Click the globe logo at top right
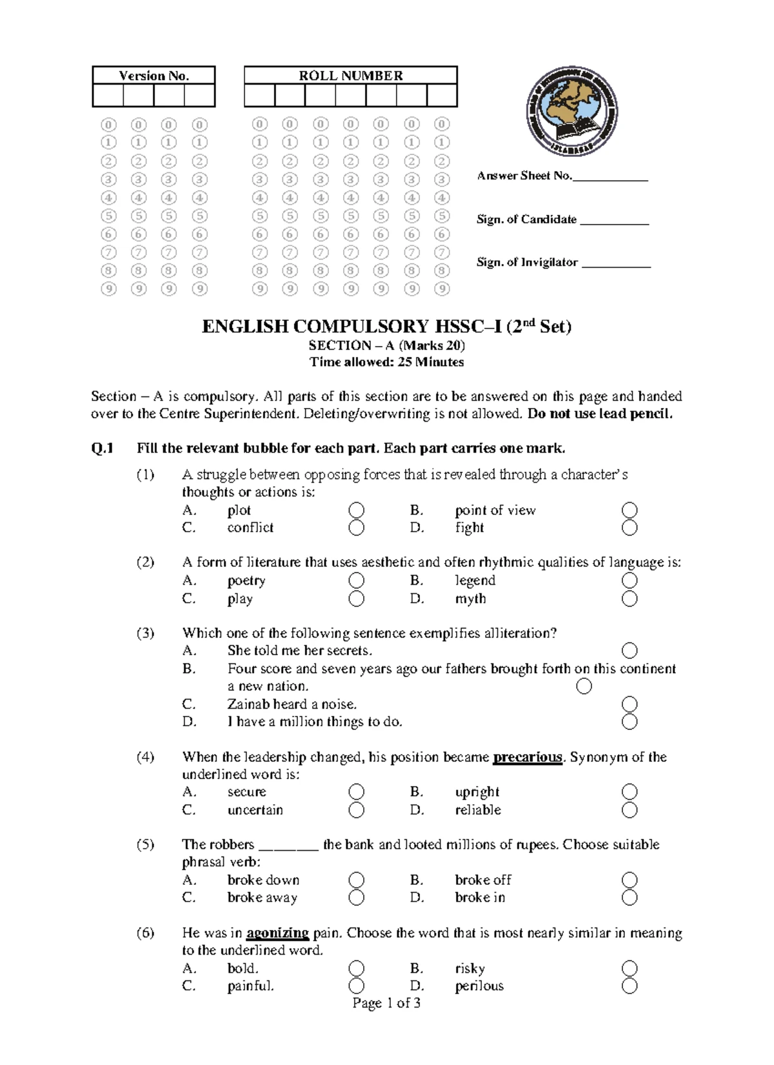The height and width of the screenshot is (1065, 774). (571, 111)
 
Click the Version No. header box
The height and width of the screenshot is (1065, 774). (154, 76)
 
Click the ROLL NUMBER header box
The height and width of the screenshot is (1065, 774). (350, 76)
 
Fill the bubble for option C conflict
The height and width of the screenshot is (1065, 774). (356, 528)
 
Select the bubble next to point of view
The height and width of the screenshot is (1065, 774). (630, 511)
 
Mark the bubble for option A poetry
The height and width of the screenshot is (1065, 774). (356, 581)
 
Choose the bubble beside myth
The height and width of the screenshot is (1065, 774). (630, 599)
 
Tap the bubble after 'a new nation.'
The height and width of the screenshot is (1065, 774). (584, 686)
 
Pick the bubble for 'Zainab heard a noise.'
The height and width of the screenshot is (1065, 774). (630, 704)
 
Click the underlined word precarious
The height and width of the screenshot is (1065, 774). (528, 757)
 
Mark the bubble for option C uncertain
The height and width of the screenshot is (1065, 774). (356, 810)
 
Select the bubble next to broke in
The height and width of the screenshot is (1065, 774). (630, 898)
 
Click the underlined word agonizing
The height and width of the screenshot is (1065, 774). (277, 933)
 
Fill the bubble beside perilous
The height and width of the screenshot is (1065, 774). (630, 986)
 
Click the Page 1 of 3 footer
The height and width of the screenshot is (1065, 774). (386, 1003)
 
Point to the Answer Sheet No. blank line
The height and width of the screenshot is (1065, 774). (610, 177)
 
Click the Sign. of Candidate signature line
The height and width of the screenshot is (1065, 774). (614, 221)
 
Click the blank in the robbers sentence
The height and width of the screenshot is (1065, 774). (288, 846)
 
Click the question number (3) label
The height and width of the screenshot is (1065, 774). (145, 633)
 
